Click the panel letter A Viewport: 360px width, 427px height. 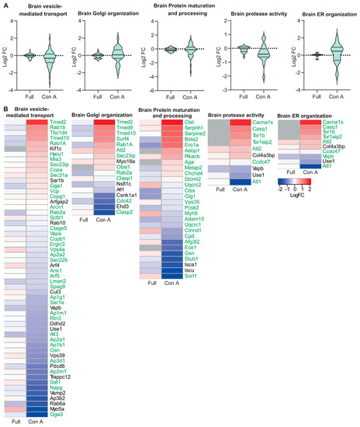click(x=5, y=5)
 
